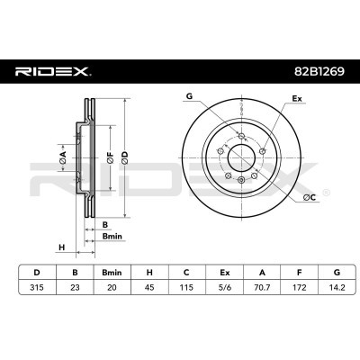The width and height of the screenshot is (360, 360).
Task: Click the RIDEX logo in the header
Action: point(53,69)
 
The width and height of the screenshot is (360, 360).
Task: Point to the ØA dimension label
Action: point(62,158)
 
